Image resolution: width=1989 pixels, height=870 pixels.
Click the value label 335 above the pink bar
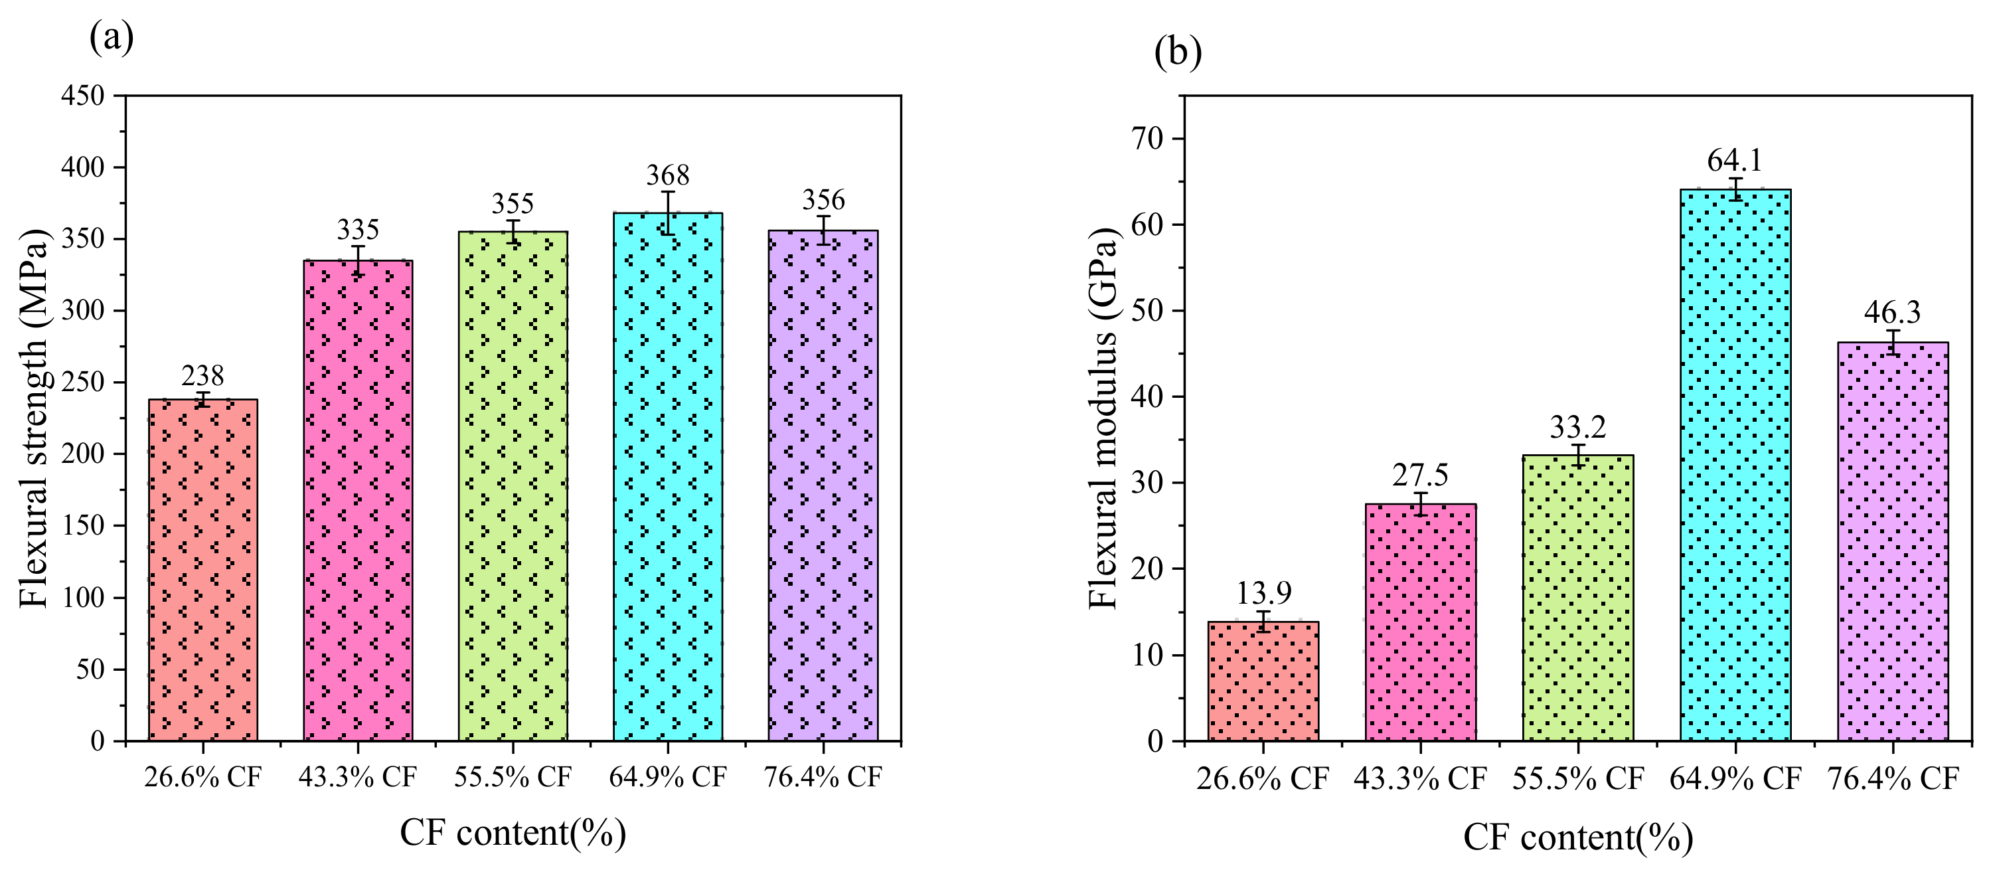357,230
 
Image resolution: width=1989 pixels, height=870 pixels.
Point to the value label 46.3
1891,312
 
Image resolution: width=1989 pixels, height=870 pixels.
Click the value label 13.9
1264,593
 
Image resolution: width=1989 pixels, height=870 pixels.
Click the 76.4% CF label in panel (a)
823,777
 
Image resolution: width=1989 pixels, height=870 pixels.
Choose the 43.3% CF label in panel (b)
1420,779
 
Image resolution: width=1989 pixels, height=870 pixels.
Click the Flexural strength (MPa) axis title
33,418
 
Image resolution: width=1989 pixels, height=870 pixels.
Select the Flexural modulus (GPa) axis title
1103,418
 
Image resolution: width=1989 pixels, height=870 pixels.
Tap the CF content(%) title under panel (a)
512,833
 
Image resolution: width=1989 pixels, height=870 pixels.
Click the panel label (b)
1178,52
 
